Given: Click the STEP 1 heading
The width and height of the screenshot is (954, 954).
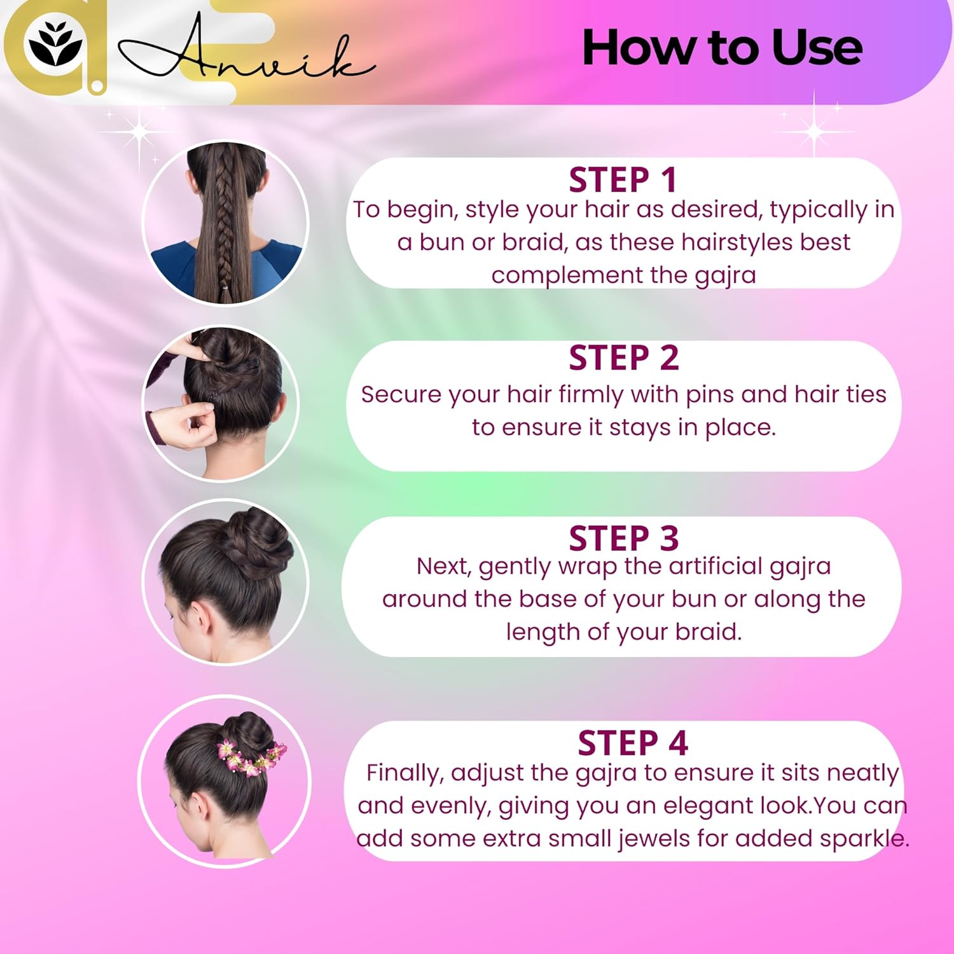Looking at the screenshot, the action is (x=623, y=179).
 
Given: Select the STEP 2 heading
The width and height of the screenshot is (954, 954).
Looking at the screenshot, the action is (x=624, y=357).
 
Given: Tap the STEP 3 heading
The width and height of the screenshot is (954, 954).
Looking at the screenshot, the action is (x=624, y=538).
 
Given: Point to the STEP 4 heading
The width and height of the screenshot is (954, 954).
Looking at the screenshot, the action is (x=633, y=743).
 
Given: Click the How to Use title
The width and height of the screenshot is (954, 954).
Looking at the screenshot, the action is (x=722, y=48).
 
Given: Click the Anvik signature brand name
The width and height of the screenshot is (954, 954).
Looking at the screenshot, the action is (x=248, y=54).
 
